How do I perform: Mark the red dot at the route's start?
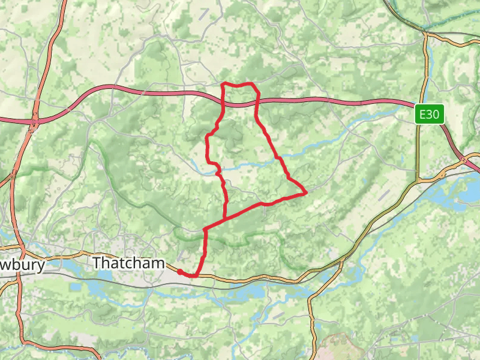180,272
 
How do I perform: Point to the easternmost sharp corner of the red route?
307,193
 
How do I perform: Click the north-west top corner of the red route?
223,83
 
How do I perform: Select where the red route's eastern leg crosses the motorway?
257,102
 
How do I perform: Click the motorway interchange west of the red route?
33,121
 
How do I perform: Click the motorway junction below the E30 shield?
465,160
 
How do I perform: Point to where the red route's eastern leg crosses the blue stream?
277,157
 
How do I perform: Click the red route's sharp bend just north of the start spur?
205,229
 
